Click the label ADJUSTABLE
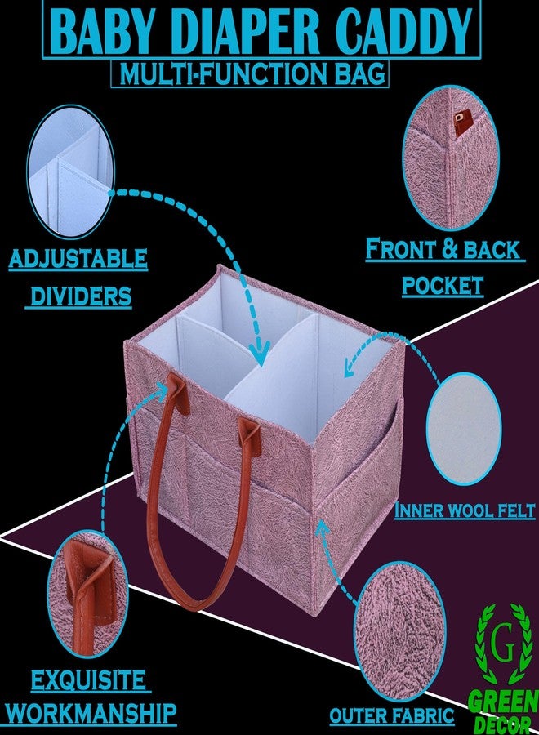click(x=78, y=258)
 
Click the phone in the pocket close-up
click(x=464, y=122)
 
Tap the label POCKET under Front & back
click(x=443, y=286)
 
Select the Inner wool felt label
click(x=465, y=510)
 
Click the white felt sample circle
click(x=464, y=428)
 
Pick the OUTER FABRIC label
click(x=392, y=715)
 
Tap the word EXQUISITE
click(x=88, y=680)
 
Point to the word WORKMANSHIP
click(x=91, y=713)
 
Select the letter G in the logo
click(x=503, y=646)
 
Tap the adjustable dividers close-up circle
click(x=71, y=171)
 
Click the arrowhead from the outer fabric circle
click(x=321, y=528)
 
